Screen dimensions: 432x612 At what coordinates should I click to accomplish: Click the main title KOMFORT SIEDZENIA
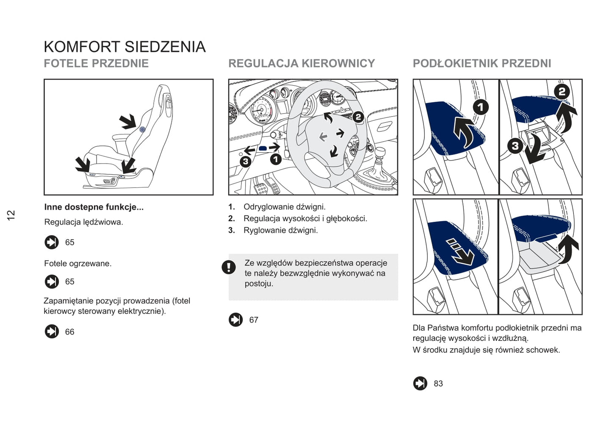coord(125,47)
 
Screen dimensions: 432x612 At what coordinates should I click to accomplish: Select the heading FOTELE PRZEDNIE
coord(96,64)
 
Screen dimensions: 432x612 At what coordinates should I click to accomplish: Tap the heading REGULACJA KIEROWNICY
coord(302,64)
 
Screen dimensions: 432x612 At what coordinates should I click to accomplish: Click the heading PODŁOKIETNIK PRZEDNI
coord(482,64)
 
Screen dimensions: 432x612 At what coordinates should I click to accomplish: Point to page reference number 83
coord(438,384)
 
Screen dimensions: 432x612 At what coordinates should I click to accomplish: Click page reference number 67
coord(254,320)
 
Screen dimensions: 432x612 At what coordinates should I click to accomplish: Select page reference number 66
coord(69,332)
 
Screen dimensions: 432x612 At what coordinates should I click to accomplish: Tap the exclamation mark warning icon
coord(229,267)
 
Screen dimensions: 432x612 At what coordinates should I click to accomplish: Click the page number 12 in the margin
coord(11,215)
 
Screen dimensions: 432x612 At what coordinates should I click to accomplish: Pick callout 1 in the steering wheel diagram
coord(276,159)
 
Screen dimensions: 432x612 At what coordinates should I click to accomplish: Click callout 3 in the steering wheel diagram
coord(245,162)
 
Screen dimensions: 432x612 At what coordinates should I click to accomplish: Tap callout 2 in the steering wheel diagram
coord(358,117)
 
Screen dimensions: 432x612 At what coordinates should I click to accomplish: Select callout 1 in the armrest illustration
coord(480,107)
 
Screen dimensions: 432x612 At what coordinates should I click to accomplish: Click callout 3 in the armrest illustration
coord(515,146)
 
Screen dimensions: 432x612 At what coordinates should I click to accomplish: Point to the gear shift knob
coord(380,153)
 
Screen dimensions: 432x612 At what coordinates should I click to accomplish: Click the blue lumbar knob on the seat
coord(142,129)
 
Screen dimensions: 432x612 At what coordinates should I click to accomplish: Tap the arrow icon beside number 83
coord(420,383)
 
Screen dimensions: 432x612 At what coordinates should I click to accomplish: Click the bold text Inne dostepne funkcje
coord(94,207)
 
